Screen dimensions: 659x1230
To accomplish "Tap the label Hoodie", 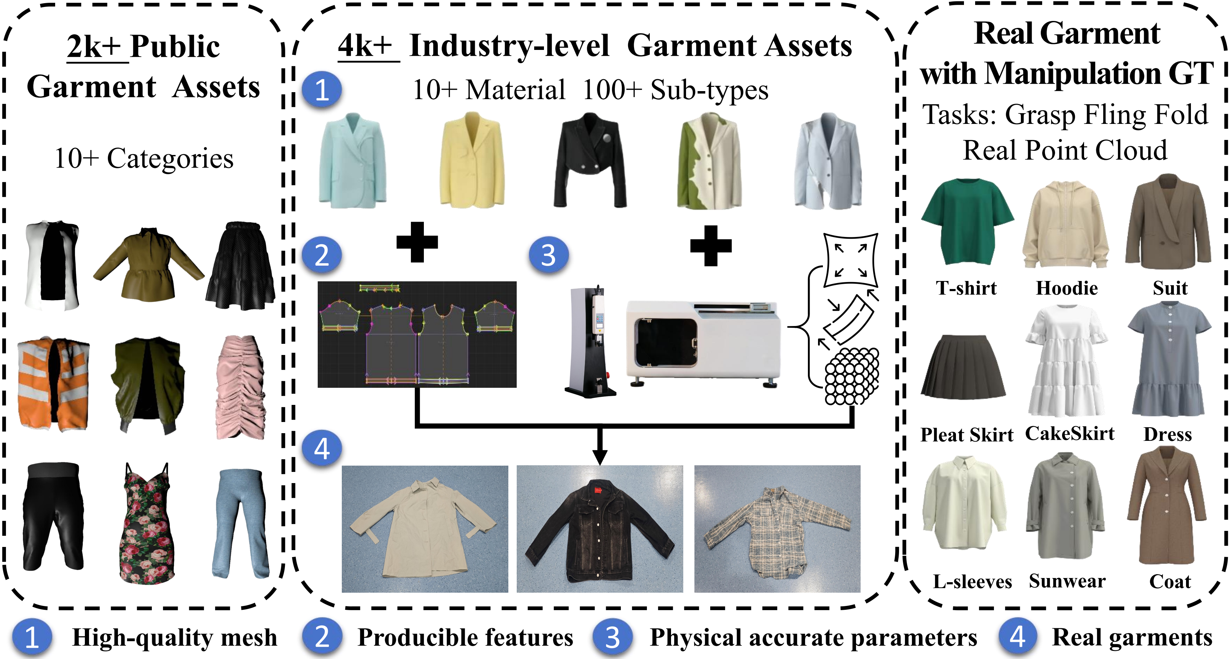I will pos(1067,288).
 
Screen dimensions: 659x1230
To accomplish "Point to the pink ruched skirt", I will pos(242,387).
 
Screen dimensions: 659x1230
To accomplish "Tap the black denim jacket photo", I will pos(600,529).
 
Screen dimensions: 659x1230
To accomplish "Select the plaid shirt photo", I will pos(777,529).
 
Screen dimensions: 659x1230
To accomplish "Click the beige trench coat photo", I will pos(425,529).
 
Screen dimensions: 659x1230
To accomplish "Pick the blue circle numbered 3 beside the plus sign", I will pos(548,255).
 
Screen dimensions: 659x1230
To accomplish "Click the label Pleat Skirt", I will pos(966,435).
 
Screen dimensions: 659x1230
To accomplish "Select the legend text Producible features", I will pos(465,637).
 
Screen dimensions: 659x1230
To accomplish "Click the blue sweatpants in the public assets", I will pos(241,523).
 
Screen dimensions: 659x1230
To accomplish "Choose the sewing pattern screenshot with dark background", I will pos(417,334).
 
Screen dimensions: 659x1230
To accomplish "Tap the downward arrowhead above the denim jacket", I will pos(600,457).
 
